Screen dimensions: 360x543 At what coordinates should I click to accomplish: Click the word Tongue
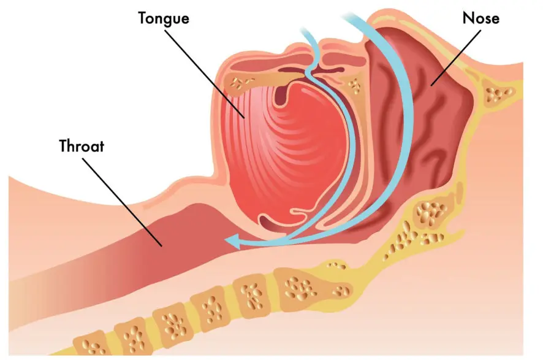click(x=164, y=18)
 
